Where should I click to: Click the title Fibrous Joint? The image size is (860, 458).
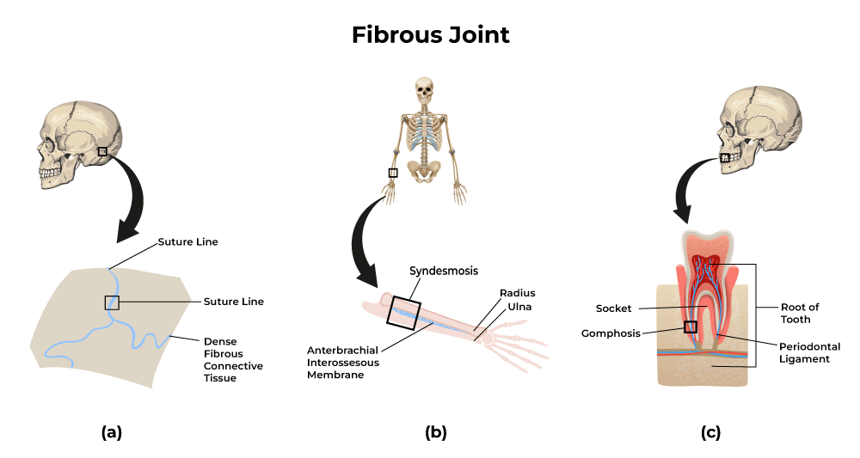[430, 35]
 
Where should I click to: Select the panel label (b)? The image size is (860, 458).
[436, 432]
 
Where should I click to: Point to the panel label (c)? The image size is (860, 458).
[710, 432]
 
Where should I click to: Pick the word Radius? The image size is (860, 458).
[518, 293]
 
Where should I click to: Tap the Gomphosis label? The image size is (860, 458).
[610, 333]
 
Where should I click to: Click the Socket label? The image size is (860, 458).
[614, 308]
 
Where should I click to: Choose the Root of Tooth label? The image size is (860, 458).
[800, 313]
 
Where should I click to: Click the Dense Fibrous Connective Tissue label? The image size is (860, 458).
[235, 354]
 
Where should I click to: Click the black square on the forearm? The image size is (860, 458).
[403, 311]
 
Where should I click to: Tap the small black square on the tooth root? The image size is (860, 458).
[690, 327]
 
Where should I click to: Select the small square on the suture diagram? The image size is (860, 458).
[111, 302]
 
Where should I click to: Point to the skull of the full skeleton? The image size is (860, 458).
[423, 89]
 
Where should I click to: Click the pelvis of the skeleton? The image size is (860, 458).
[423, 168]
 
